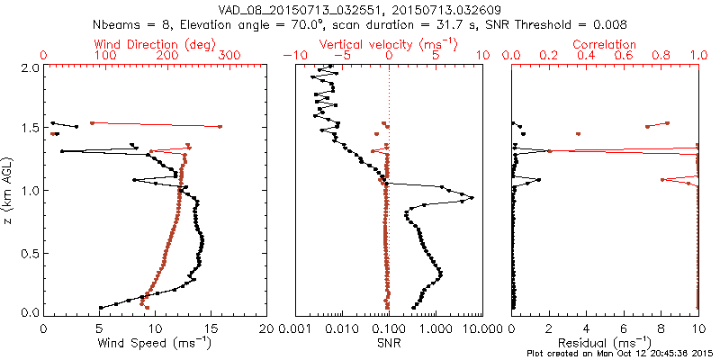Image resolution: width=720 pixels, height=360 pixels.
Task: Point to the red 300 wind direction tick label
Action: [229, 56]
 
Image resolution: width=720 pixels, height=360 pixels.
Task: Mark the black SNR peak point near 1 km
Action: [471, 198]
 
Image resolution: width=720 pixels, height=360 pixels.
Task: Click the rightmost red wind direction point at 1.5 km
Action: [220, 127]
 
